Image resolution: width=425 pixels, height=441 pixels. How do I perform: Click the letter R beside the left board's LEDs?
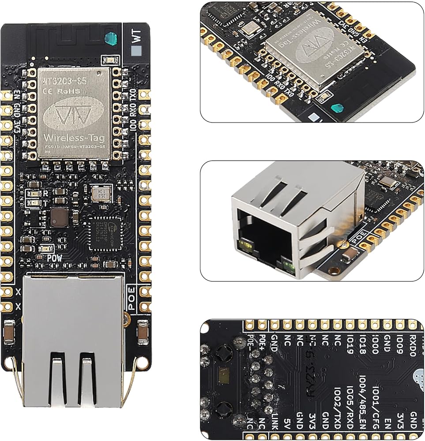coord(45,193)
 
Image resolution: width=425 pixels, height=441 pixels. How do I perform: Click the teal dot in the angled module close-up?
coord(337,108)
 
